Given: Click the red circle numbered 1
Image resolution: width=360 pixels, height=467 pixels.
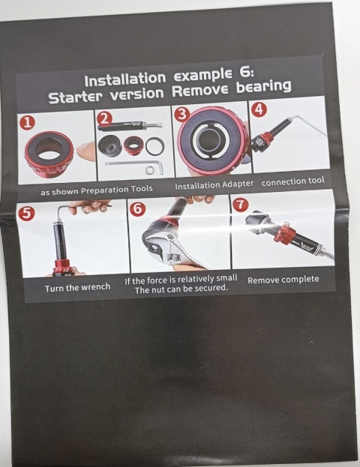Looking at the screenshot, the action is pyautogui.click(x=27, y=122).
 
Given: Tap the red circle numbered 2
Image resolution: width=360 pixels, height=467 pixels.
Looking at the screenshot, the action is pyautogui.click(x=104, y=118).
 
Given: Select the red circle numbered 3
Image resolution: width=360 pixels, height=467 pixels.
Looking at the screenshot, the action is pyautogui.click(x=182, y=115).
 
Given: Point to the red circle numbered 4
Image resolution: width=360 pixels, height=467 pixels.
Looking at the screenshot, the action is pyautogui.click(x=259, y=109).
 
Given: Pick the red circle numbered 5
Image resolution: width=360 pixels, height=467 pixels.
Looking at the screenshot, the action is pyautogui.click(x=26, y=214).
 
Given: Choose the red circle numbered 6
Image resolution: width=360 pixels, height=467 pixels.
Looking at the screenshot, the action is pyautogui.click(x=137, y=209).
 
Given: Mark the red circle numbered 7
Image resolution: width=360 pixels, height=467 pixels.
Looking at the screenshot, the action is pyautogui.click(x=241, y=205).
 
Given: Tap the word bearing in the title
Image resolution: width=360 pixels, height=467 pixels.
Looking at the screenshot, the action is pyautogui.click(x=263, y=86).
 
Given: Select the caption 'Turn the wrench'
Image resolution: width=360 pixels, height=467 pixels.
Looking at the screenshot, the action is pyautogui.click(x=77, y=288).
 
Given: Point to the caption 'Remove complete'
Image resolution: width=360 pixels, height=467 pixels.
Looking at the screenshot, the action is pyautogui.click(x=283, y=280).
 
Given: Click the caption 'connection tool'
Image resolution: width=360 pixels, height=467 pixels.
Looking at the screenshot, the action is pyautogui.click(x=292, y=181).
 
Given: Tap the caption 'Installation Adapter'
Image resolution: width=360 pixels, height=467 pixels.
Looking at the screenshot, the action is pyautogui.click(x=214, y=185).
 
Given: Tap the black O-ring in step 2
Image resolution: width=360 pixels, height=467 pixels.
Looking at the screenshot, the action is pyautogui.click(x=155, y=146).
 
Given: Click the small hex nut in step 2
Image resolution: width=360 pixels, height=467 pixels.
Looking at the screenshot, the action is pyautogui.click(x=149, y=170).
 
